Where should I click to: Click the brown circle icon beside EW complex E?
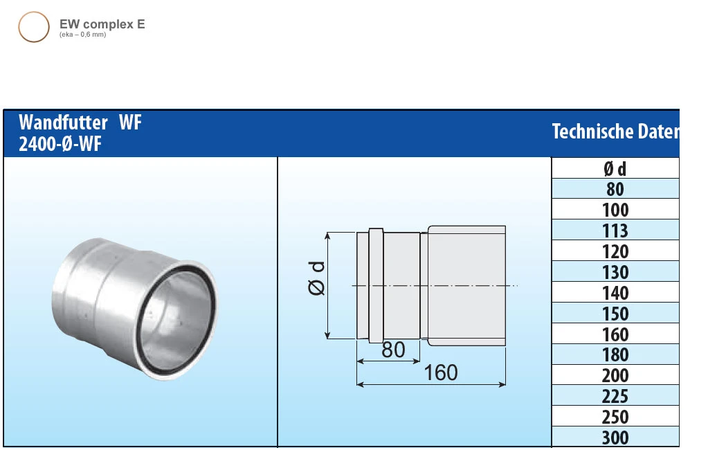pos(33,27)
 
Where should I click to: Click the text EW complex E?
pos(102,24)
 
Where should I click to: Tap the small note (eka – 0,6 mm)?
pos(83,35)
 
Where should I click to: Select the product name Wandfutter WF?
pos(80,123)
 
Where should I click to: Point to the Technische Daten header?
pos(615,132)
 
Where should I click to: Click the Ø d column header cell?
pos(615,168)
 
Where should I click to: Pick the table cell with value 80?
pos(615,189)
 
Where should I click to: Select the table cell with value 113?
pos(615,231)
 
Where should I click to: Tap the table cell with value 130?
pos(615,272)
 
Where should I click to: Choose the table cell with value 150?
pos(615,313)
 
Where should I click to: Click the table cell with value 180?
pos(615,354)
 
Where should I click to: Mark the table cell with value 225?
pos(615,396)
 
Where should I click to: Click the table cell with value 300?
pos(615,438)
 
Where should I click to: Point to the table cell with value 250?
pos(615,417)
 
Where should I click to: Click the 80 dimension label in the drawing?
pos(392,350)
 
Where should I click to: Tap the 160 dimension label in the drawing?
pos(440,373)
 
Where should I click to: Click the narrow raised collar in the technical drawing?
pos(375,285)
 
